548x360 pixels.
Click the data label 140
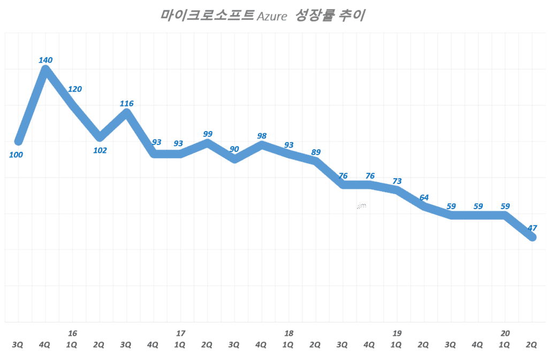click(45, 60)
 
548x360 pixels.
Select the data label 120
click(75, 89)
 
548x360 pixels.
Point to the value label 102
click(100, 150)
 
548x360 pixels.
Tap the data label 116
click(127, 103)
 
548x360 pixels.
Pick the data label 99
click(208, 134)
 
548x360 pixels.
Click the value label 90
click(234, 149)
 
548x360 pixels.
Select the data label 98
click(262, 136)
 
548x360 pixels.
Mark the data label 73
click(397, 181)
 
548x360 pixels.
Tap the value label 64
click(424, 197)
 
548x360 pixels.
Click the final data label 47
click(532, 228)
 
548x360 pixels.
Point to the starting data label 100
click(17, 155)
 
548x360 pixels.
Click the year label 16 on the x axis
click(72, 333)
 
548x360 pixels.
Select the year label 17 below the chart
click(181, 333)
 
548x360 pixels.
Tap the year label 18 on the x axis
click(289, 333)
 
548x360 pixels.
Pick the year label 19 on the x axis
click(397, 333)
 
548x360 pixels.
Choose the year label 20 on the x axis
click(505, 333)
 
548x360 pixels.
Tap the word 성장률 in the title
click(315, 15)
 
